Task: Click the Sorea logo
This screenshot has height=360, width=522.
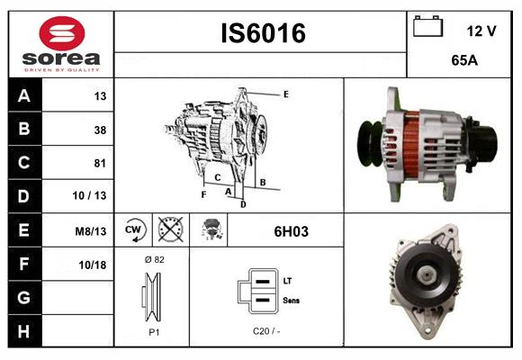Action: [x=59, y=44]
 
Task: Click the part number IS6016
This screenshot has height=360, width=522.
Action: [x=263, y=33]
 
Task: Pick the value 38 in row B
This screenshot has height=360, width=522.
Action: [x=99, y=130]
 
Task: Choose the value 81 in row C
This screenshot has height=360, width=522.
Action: [x=99, y=163]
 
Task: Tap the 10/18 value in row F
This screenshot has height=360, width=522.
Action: [x=93, y=264]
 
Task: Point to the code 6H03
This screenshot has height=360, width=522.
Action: [x=291, y=231]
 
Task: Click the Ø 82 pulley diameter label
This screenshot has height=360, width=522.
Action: [x=153, y=259]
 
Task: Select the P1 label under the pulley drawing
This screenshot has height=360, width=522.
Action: [x=153, y=331]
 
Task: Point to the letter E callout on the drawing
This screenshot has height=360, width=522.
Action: [x=285, y=94]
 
